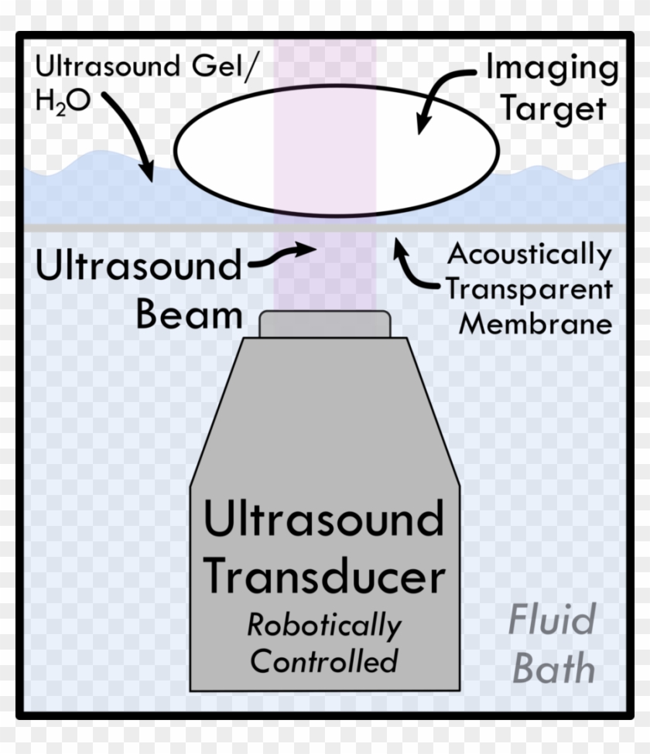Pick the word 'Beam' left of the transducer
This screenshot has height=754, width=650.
click(x=190, y=314)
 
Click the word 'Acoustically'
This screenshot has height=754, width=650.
click(x=530, y=254)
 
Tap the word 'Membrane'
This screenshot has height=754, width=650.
click(x=535, y=323)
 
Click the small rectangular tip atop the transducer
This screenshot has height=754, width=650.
click(x=325, y=324)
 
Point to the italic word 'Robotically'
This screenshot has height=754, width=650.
click(x=324, y=625)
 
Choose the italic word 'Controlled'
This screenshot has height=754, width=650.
click(x=324, y=661)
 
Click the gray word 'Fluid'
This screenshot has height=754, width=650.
click(x=552, y=620)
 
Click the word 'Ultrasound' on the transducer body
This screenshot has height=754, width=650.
click(x=323, y=520)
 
